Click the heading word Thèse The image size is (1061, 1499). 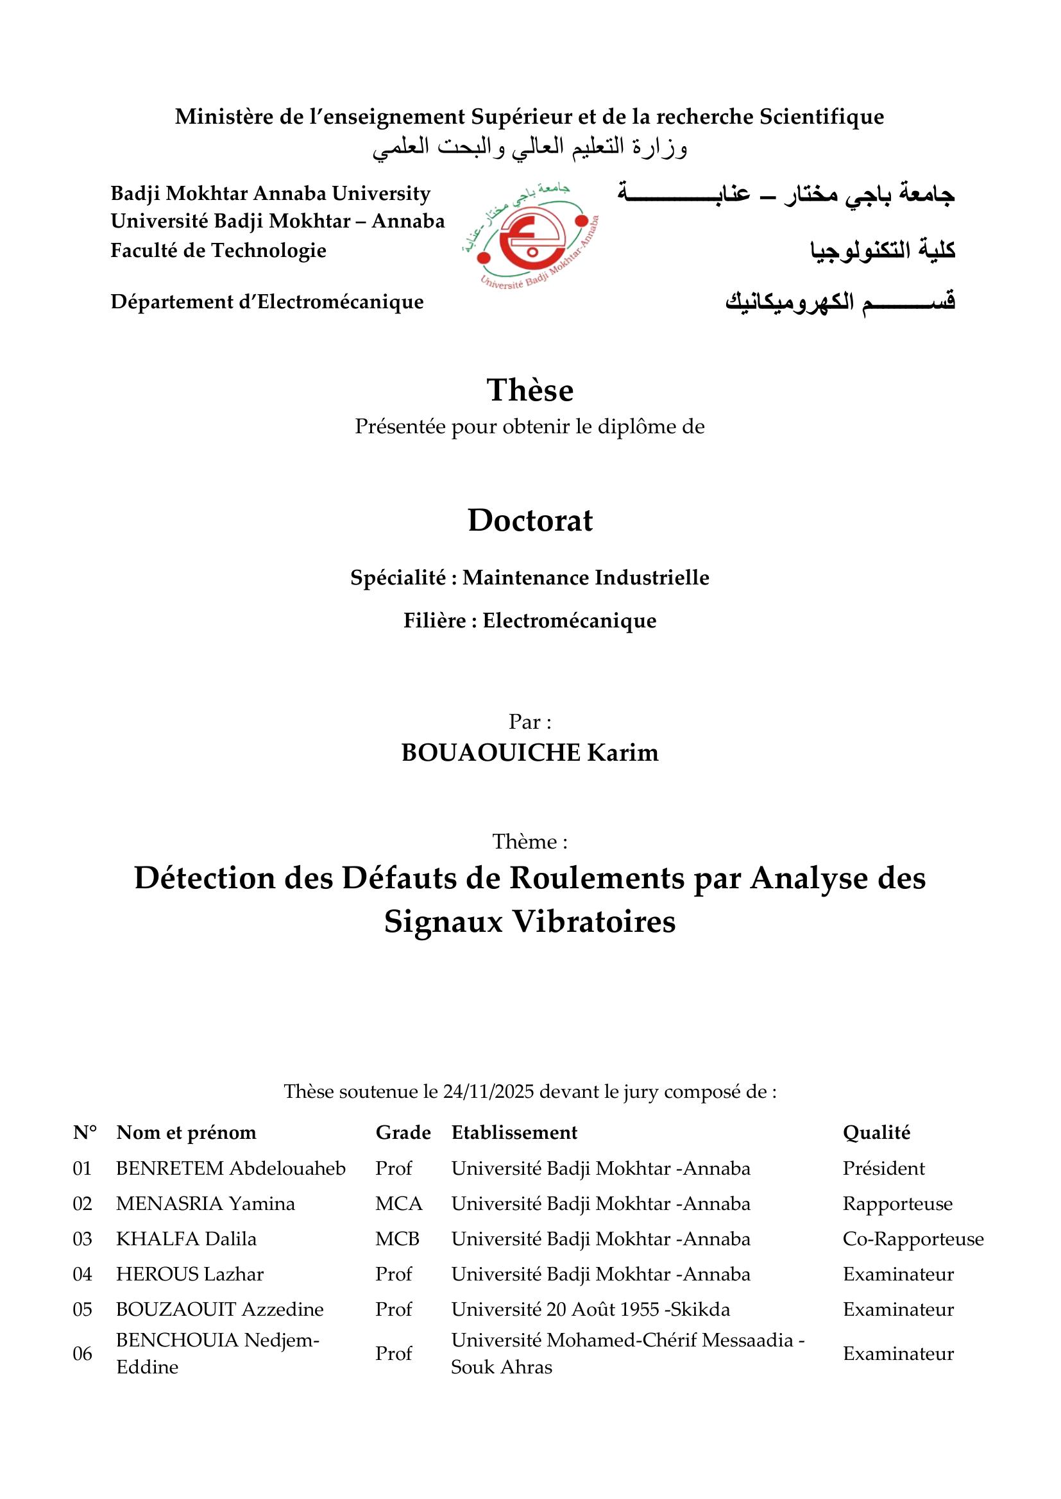530,390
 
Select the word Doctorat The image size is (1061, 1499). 530,521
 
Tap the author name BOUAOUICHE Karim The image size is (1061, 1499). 530,753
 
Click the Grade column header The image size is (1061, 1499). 403,1132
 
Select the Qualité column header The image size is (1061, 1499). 876,1132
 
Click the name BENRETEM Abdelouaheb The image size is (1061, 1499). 231,1168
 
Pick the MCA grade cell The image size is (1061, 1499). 398,1204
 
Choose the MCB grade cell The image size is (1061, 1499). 397,1239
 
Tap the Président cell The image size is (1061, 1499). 883,1168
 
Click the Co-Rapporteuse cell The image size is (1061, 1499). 913,1239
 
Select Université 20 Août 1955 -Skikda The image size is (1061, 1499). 591,1309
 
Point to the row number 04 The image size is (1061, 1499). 82,1274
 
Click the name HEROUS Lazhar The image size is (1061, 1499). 189,1274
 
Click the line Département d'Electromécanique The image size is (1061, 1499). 267,302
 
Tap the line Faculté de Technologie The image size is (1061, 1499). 218,250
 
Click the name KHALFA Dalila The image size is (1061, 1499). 186,1239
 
